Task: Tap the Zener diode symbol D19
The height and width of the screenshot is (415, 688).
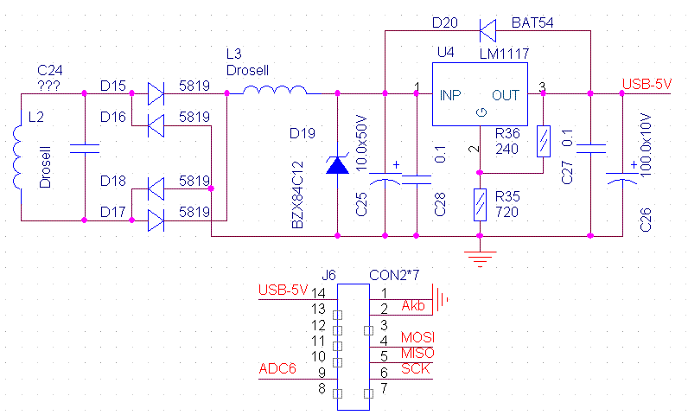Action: click(x=338, y=164)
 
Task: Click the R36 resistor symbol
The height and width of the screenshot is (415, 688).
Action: click(x=543, y=140)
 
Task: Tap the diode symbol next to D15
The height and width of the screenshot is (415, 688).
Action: click(x=156, y=93)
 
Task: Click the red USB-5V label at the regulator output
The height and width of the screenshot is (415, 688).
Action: click(x=647, y=85)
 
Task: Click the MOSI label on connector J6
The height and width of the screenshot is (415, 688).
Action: click(x=417, y=336)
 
